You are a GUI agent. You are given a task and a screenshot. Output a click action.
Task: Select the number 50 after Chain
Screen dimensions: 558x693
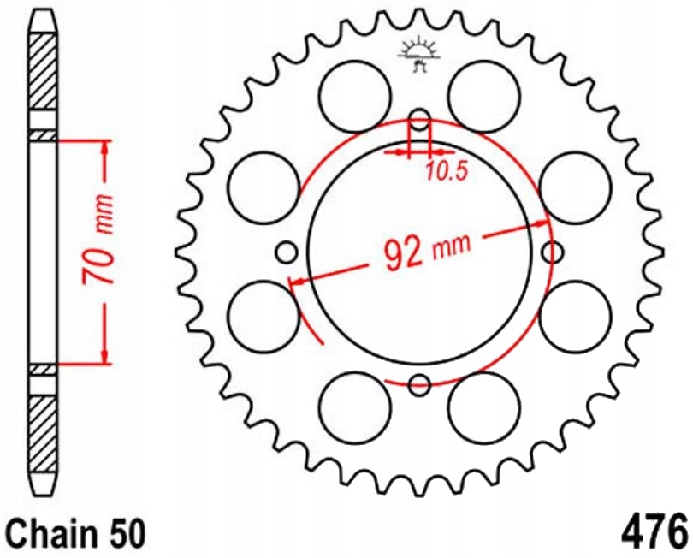[x=125, y=532]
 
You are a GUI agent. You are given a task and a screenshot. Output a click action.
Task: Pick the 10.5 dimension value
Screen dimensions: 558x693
[x=446, y=171]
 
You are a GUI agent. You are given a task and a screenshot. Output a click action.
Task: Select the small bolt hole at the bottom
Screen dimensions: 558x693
[x=419, y=385]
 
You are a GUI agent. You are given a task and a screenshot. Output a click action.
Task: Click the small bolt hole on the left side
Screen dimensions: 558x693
[x=287, y=252]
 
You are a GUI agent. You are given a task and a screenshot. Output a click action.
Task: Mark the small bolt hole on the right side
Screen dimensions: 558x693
[x=554, y=252]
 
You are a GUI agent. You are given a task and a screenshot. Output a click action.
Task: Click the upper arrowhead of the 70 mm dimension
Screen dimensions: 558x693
[x=105, y=145]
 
